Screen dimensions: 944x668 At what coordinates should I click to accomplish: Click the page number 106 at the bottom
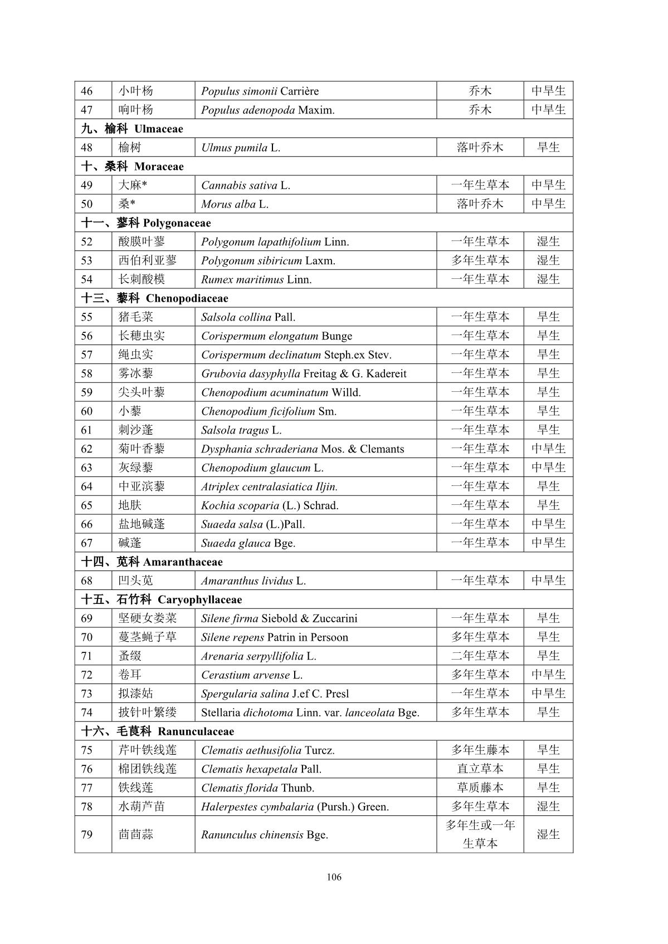click(334, 877)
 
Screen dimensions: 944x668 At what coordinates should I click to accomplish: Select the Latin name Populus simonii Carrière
click(260, 91)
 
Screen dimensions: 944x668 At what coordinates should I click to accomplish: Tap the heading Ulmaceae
click(158, 129)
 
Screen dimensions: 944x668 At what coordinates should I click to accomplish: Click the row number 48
click(87, 147)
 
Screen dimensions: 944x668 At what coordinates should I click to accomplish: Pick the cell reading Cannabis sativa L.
click(246, 185)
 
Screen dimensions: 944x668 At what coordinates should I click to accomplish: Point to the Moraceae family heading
click(159, 167)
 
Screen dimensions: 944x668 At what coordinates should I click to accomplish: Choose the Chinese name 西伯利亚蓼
click(147, 260)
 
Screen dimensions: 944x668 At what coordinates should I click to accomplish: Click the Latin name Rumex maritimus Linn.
click(256, 279)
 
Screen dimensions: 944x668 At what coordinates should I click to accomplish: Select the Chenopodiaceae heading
click(187, 298)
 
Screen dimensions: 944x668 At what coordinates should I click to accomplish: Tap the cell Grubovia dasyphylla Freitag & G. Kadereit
click(304, 373)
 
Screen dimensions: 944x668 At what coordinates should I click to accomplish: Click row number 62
click(87, 449)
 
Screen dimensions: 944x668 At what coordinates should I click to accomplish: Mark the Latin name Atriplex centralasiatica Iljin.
click(269, 486)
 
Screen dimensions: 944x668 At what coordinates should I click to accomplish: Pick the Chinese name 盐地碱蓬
click(142, 524)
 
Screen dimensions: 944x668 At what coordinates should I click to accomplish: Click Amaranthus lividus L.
click(253, 581)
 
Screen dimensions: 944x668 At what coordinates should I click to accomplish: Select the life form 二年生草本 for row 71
click(480, 656)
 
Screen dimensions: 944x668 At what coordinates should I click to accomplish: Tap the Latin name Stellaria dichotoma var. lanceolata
click(310, 712)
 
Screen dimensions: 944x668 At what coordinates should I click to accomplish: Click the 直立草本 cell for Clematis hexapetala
click(480, 769)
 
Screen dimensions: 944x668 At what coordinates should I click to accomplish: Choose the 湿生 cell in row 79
click(548, 834)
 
